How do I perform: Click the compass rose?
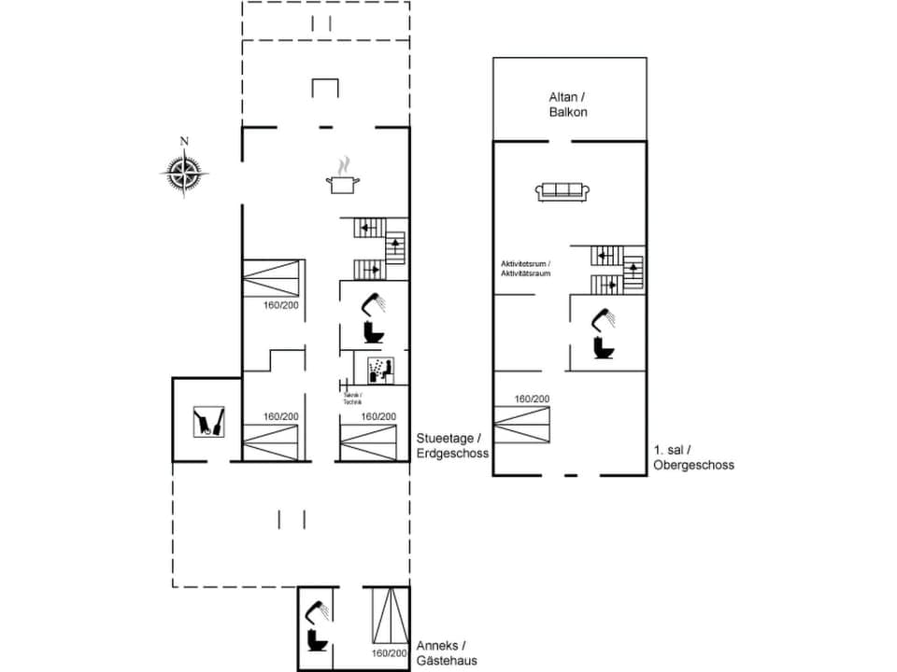point(184,171)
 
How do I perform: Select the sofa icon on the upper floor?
point(562,191)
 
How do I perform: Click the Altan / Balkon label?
point(569,104)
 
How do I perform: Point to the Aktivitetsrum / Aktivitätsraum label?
point(526,269)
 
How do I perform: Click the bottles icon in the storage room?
point(207,421)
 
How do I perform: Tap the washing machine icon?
point(378,370)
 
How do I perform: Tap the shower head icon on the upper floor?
point(603,318)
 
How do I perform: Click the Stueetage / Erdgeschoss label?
point(452,445)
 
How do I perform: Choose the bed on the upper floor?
point(522,425)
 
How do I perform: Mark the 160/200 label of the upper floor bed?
point(532,399)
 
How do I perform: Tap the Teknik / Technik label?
point(352,399)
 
